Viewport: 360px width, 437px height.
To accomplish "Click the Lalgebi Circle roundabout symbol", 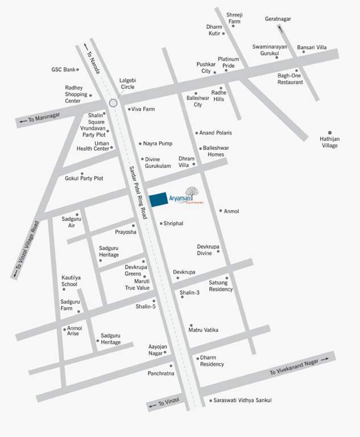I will click(113, 103).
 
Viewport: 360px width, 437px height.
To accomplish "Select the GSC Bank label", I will click(63, 69).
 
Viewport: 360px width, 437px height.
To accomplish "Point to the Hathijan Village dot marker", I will click(329, 133).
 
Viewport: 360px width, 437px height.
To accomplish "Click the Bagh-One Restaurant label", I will click(290, 79).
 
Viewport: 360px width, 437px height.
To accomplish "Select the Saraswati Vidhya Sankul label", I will click(243, 401).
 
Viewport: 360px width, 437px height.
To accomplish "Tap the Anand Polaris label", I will click(216, 133).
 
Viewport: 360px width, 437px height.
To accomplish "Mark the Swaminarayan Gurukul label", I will click(270, 49).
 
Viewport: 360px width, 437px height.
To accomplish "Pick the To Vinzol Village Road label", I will click(26, 249).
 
